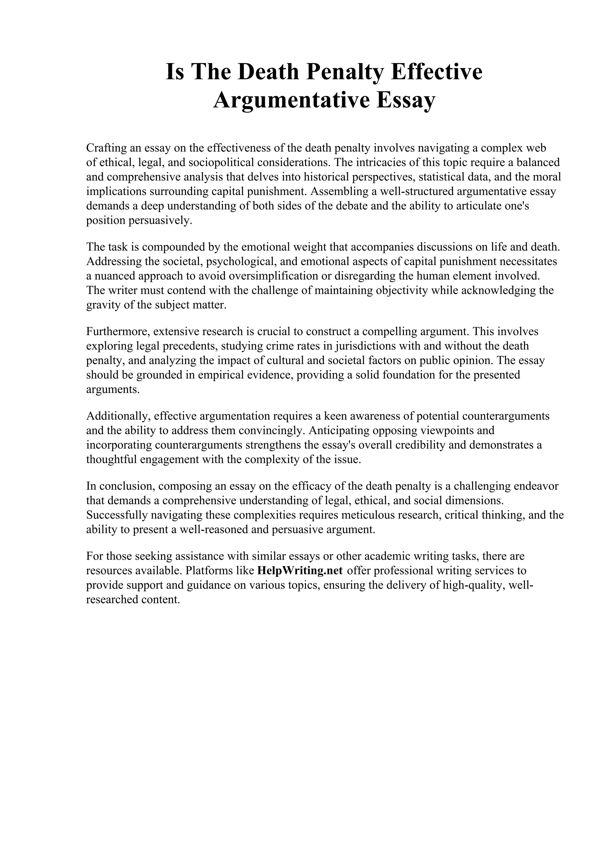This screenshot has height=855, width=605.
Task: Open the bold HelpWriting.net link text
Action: [x=300, y=571]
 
